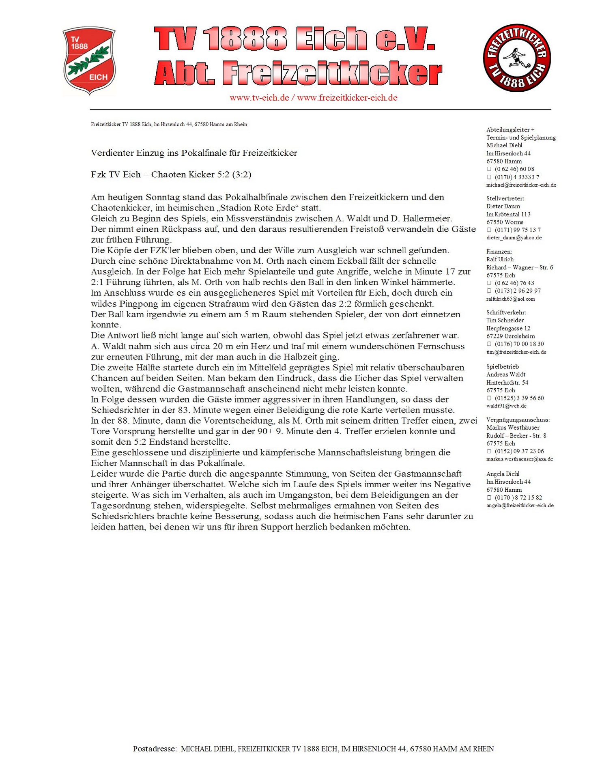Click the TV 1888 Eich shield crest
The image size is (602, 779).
pyautogui.click(x=89, y=61)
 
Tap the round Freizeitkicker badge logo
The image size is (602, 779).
pyautogui.click(x=516, y=58)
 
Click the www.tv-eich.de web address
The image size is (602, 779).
pyautogui.click(x=259, y=98)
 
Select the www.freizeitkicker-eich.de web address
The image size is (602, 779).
pyautogui.click(x=347, y=98)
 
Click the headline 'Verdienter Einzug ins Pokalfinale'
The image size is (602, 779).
pyautogui.click(x=194, y=153)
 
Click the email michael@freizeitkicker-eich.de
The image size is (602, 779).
pyautogui.click(x=521, y=185)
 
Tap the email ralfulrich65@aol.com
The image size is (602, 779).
pyautogui.click(x=510, y=299)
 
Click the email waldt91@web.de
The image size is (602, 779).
pyautogui.click(x=506, y=406)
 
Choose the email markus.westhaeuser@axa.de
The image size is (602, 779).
pyautogui.click(x=520, y=459)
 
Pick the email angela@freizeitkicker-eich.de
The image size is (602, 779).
pyautogui.click(x=520, y=506)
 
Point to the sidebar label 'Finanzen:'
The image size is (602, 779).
pyautogui.click(x=499, y=252)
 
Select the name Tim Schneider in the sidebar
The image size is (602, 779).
pyautogui.click(x=505, y=320)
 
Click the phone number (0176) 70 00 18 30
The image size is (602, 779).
pyautogui.click(x=519, y=344)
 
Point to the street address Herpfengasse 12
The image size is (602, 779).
pyautogui.click(x=508, y=328)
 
